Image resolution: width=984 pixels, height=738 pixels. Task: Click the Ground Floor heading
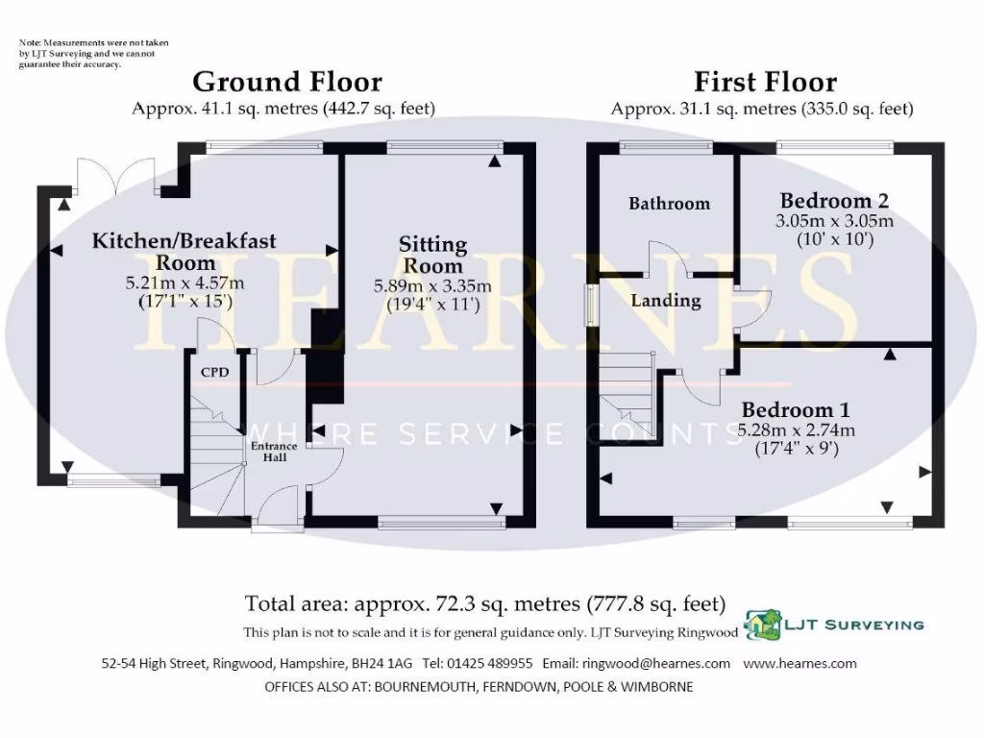pos(287,83)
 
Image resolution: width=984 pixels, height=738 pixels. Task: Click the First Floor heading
pos(765,83)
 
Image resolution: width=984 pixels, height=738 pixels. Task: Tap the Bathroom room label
pos(669,204)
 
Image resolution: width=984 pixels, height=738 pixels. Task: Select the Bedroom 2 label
pos(833,201)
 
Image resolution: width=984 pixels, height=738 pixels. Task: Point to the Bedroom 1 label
pos(794,409)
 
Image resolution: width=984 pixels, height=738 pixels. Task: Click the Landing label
pos(665,301)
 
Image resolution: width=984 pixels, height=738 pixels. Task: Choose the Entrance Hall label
pos(274,452)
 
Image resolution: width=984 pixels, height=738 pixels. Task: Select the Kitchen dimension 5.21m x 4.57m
pos(184,283)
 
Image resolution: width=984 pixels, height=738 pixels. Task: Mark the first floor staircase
pos(628,394)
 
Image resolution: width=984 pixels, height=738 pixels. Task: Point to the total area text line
pos(485,604)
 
